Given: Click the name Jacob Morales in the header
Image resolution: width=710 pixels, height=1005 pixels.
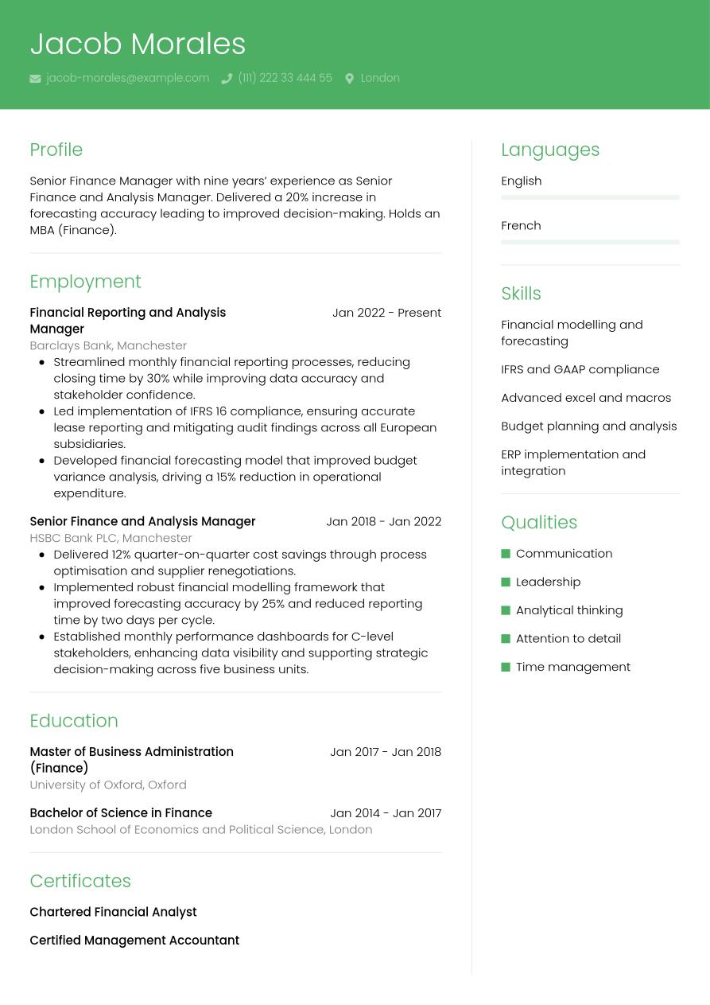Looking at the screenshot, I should pos(138,44).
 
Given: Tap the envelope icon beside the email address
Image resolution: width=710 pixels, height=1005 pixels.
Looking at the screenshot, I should pos(35,79).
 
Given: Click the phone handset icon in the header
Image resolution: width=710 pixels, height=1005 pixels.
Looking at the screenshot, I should pos(227,79).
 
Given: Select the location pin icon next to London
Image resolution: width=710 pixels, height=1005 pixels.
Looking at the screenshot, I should pos(349,79).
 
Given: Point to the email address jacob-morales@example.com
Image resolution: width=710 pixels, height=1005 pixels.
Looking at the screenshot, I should pos(127,78).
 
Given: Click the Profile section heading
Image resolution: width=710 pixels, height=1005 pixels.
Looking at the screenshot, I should pos(56,150).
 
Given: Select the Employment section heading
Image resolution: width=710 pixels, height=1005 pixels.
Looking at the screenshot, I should pos(85,282).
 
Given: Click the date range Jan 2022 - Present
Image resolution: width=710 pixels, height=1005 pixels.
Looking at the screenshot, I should pos(386,313).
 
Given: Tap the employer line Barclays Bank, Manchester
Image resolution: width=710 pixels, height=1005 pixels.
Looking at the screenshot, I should pos(108,345).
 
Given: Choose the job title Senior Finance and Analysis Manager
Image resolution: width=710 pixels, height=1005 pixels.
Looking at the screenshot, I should pos(142,521).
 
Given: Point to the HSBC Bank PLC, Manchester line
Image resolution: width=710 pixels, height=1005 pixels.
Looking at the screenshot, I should pos(111,538).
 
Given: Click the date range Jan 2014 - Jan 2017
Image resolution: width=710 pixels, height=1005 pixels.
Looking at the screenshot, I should pos(386,812).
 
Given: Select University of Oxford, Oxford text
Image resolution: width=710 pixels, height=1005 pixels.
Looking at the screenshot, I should pos(108,785).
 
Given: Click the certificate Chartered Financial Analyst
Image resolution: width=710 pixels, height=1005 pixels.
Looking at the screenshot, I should pos(113,912).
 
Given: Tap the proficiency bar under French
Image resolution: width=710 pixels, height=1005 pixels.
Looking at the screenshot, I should pos(590,242).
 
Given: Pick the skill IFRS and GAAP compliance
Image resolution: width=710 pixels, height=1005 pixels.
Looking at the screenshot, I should pos(580,369).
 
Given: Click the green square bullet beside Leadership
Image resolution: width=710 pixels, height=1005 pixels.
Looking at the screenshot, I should pos(506,582).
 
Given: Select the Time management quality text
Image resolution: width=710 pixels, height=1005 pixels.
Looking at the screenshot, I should pos(572,667).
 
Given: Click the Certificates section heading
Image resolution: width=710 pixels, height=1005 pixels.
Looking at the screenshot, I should pos(80,881).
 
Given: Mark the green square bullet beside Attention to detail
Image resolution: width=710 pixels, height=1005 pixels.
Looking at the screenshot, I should pos(506,638).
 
